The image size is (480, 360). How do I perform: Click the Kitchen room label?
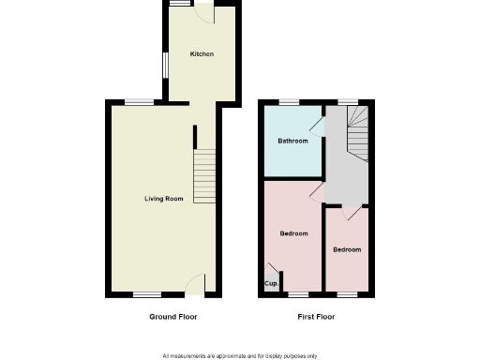point(202,54)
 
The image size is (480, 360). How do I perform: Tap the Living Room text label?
point(163,199)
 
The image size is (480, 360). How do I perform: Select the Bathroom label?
point(292,142)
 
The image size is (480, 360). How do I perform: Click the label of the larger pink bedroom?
point(293,233)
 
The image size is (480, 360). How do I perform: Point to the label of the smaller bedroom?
point(346,249)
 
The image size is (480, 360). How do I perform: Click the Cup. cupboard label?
point(271,283)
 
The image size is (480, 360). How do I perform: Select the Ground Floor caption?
point(173,317)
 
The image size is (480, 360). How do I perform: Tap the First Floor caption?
point(316,317)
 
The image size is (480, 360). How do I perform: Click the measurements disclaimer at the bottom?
point(240,356)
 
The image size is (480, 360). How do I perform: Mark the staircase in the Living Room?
point(204,175)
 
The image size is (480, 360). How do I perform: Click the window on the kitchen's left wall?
point(166,65)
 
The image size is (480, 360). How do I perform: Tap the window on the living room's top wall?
point(139,101)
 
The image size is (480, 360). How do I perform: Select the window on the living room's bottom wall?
point(145,295)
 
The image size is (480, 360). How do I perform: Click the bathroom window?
point(288,101)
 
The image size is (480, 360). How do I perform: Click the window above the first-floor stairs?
point(348,101)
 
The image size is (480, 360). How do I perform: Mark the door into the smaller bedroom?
point(350,214)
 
